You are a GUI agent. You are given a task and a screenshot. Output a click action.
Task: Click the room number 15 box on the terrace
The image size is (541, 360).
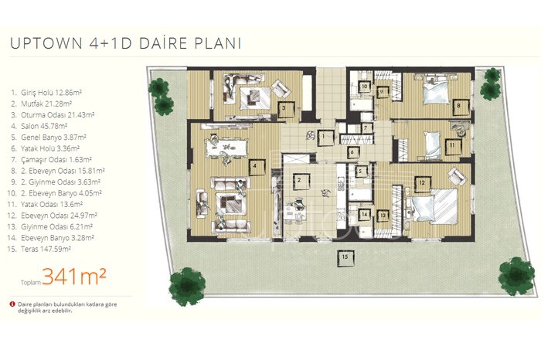pos(345,257)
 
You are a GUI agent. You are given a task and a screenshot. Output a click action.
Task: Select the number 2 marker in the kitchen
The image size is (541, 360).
pos(300,181)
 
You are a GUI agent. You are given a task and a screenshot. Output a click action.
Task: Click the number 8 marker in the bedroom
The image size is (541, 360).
pos(459,107)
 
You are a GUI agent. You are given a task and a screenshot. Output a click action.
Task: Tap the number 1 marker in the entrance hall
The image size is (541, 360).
pos(325,138)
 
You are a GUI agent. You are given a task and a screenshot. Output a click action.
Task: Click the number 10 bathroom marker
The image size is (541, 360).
pos(364,87)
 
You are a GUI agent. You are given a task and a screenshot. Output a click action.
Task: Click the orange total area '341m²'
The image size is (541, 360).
pos(74,277)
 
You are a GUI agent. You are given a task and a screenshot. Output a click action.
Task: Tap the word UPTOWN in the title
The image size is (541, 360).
pos(46,43)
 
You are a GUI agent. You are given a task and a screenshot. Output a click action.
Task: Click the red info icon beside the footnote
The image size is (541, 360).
pos(13,304)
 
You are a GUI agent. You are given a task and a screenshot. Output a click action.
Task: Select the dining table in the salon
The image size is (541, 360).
pos(226,148)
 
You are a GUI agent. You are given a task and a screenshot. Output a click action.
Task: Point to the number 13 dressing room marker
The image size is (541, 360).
pos(383,216)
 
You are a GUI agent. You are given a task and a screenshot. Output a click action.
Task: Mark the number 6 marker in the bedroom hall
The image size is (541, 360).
pos(352,152)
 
